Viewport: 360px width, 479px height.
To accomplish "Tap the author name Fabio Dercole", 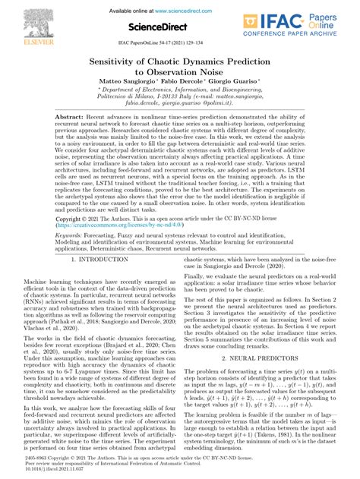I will (x=179, y=83).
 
